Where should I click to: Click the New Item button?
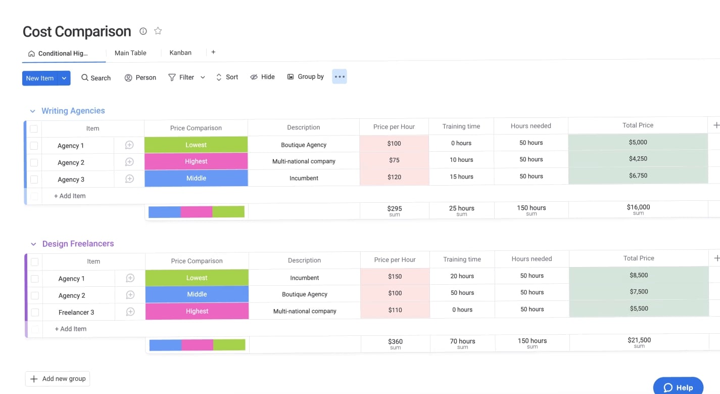(40, 78)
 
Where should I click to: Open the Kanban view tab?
(180, 53)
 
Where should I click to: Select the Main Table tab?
(130, 53)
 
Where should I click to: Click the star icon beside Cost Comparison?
(158, 31)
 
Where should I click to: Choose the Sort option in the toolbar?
(227, 77)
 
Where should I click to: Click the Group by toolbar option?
(306, 77)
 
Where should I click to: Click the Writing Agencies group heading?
(73, 111)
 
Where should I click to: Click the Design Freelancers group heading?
(78, 244)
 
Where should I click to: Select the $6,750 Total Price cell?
(638, 176)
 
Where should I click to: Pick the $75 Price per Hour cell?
(394, 160)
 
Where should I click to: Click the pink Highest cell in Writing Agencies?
(196, 161)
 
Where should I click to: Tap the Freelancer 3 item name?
(76, 313)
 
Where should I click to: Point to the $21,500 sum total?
(639, 341)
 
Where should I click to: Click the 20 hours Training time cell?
(462, 276)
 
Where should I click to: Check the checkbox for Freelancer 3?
(35, 313)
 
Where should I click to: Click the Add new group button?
(58, 379)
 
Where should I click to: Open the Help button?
(678, 387)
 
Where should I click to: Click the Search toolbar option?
(96, 78)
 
